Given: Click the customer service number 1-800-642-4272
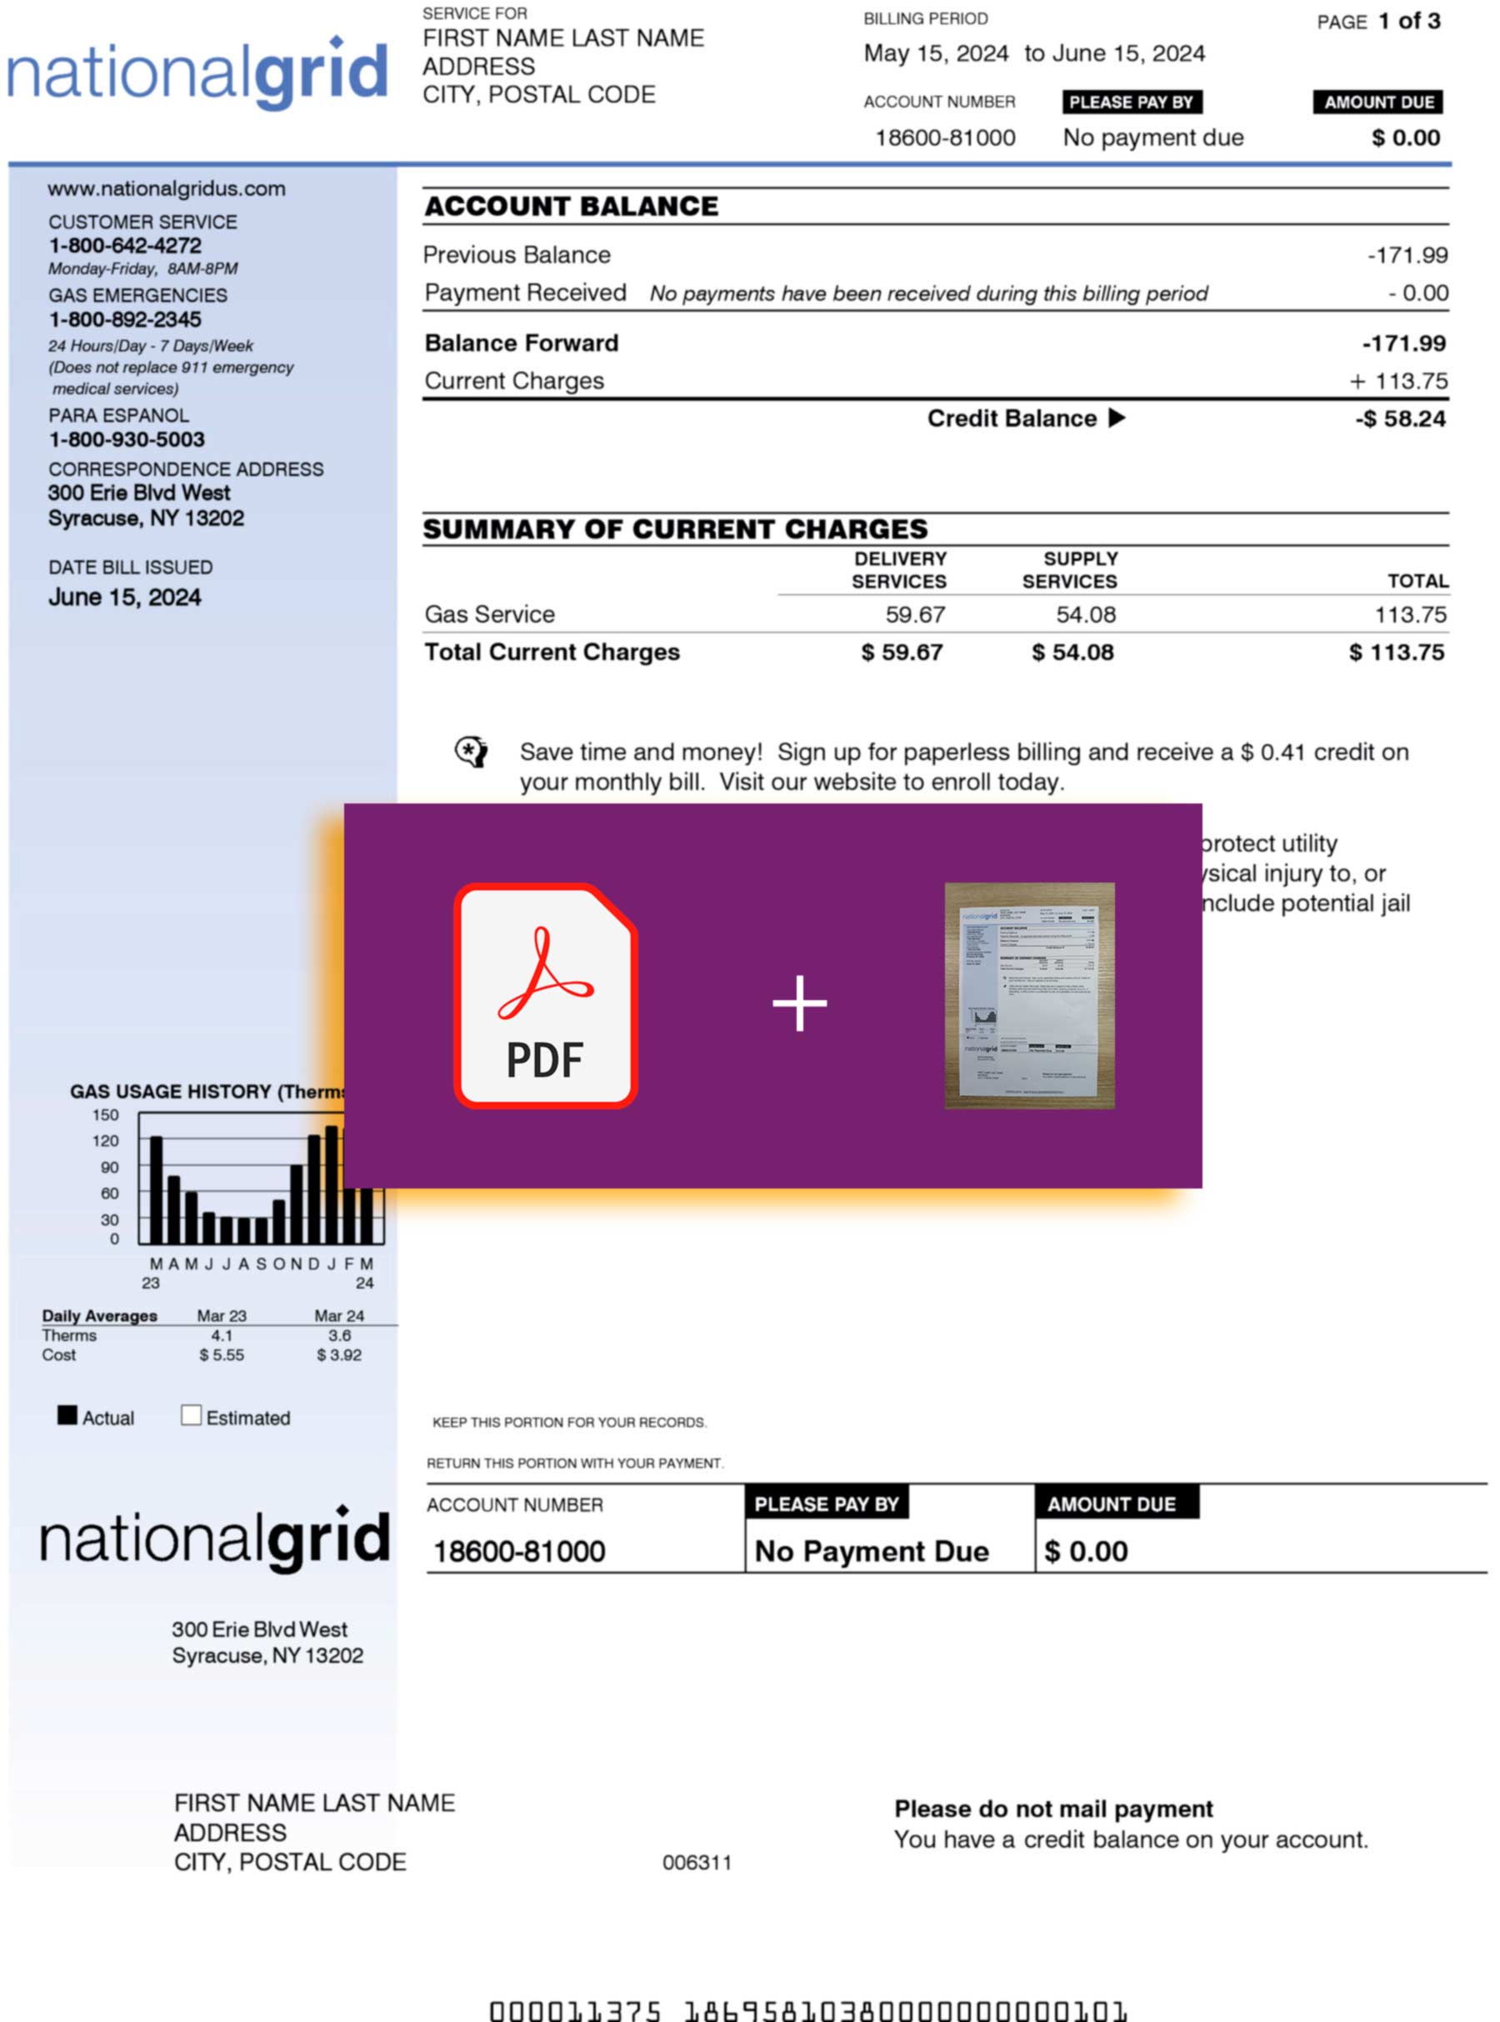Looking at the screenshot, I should tap(125, 245).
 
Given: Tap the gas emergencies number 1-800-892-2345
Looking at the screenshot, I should tap(125, 319).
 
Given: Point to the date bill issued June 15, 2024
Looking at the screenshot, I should tap(124, 598).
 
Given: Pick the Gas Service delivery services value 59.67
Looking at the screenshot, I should tap(915, 614).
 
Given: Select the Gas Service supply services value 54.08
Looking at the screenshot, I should tap(1085, 614).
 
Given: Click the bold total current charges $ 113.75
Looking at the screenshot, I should tap(1396, 652).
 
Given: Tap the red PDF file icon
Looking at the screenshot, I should tap(546, 995).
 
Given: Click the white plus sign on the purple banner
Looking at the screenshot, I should tap(799, 1003).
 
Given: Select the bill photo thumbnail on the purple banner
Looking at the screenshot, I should tap(1030, 995).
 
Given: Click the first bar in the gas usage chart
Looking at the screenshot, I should tap(156, 1189).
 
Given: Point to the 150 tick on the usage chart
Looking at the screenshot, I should tap(105, 1115).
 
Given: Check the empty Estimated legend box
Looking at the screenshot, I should tap(191, 1415).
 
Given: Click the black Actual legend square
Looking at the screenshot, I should tap(67, 1415).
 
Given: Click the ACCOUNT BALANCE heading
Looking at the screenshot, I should tap(571, 206).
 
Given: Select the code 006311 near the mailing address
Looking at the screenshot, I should tap(697, 1862).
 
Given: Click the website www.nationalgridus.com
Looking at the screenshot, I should tap(166, 189).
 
